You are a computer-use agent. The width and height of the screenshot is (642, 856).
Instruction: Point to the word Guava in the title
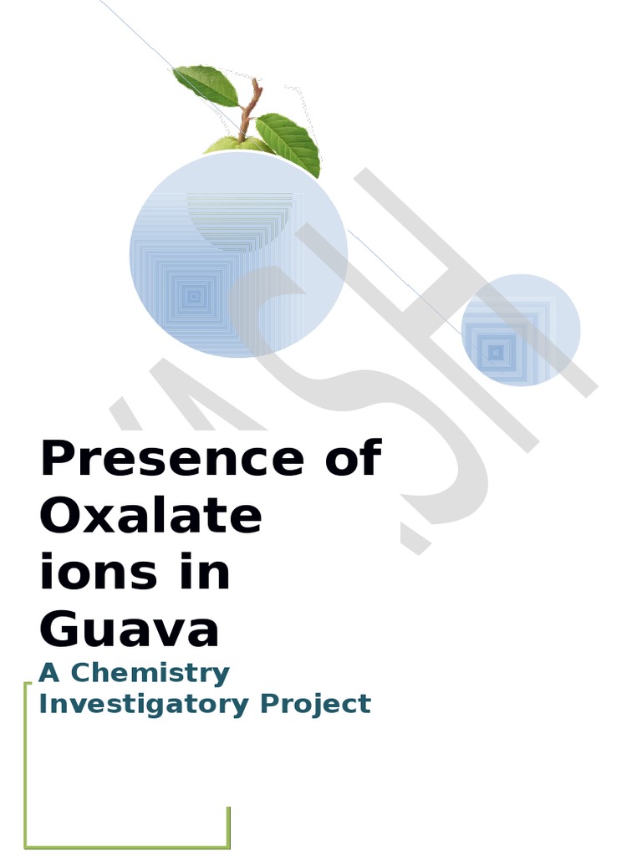point(130,630)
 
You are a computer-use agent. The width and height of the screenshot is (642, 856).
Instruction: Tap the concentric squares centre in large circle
point(195,295)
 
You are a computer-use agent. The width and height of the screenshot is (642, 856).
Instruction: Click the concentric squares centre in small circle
point(496,353)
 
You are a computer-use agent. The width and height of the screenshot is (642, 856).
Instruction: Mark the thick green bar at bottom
point(125,845)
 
